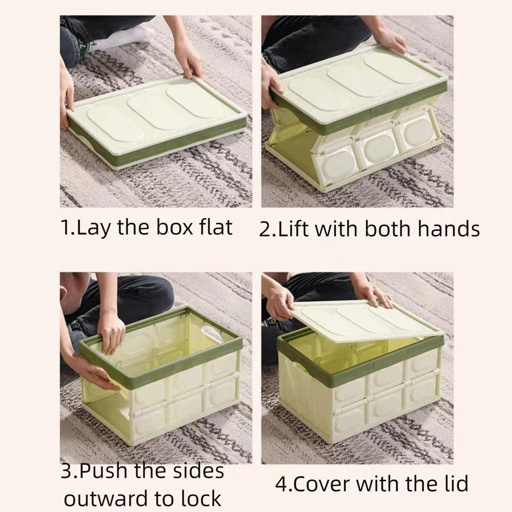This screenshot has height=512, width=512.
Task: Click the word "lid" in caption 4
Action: (454, 483)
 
